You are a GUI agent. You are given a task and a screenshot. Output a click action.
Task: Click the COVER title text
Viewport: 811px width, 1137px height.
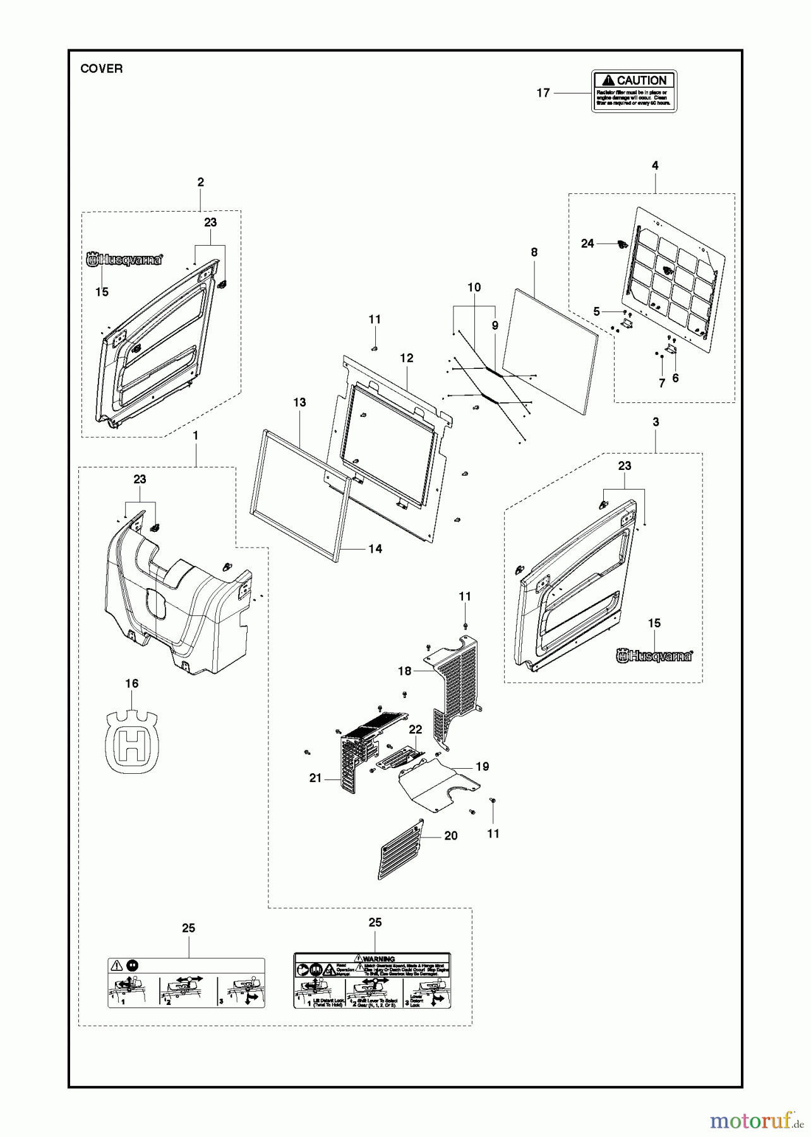tap(101, 69)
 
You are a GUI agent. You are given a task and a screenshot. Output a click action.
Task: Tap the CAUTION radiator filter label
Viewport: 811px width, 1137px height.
tap(634, 92)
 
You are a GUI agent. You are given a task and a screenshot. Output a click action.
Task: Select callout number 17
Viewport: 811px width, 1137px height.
tap(543, 93)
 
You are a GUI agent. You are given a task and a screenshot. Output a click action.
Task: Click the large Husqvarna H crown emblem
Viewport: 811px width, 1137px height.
tap(132, 742)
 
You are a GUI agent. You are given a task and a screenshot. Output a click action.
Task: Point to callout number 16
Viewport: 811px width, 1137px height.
tap(131, 683)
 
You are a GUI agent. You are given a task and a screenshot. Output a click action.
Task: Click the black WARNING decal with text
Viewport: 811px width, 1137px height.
tap(372, 980)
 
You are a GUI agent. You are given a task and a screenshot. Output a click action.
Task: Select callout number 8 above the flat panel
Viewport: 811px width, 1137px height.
tap(534, 253)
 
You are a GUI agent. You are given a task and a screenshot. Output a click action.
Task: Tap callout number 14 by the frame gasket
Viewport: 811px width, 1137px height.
tap(375, 549)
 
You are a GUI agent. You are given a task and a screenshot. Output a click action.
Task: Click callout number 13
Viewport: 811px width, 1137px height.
tap(299, 402)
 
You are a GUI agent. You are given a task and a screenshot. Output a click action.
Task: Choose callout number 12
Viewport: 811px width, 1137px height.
tap(407, 358)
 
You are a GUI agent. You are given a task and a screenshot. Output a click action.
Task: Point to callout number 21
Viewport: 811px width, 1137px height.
tap(316, 778)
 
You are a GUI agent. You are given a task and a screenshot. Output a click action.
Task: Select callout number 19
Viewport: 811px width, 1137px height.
tap(483, 766)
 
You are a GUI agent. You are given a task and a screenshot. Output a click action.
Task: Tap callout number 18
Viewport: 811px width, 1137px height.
tap(405, 671)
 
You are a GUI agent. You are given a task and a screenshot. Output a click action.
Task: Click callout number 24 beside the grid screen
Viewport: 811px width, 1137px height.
tap(587, 244)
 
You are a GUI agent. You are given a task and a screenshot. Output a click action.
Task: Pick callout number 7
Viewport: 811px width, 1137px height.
tap(662, 383)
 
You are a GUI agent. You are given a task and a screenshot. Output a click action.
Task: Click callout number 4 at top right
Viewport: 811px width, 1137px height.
tap(655, 165)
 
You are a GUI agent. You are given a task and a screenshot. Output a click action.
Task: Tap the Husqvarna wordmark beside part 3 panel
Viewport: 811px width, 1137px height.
tap(654, 656)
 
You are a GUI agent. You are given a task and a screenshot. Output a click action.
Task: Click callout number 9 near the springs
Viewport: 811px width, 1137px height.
tap(495, 325)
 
